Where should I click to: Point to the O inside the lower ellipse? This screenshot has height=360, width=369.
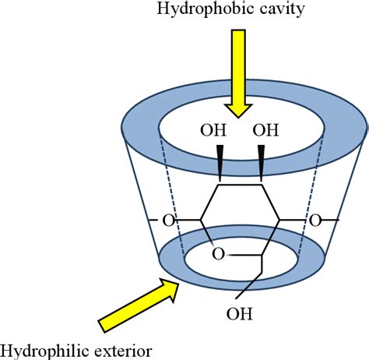tap(219, 253)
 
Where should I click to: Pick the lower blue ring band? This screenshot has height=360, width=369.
tap(175, 269)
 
